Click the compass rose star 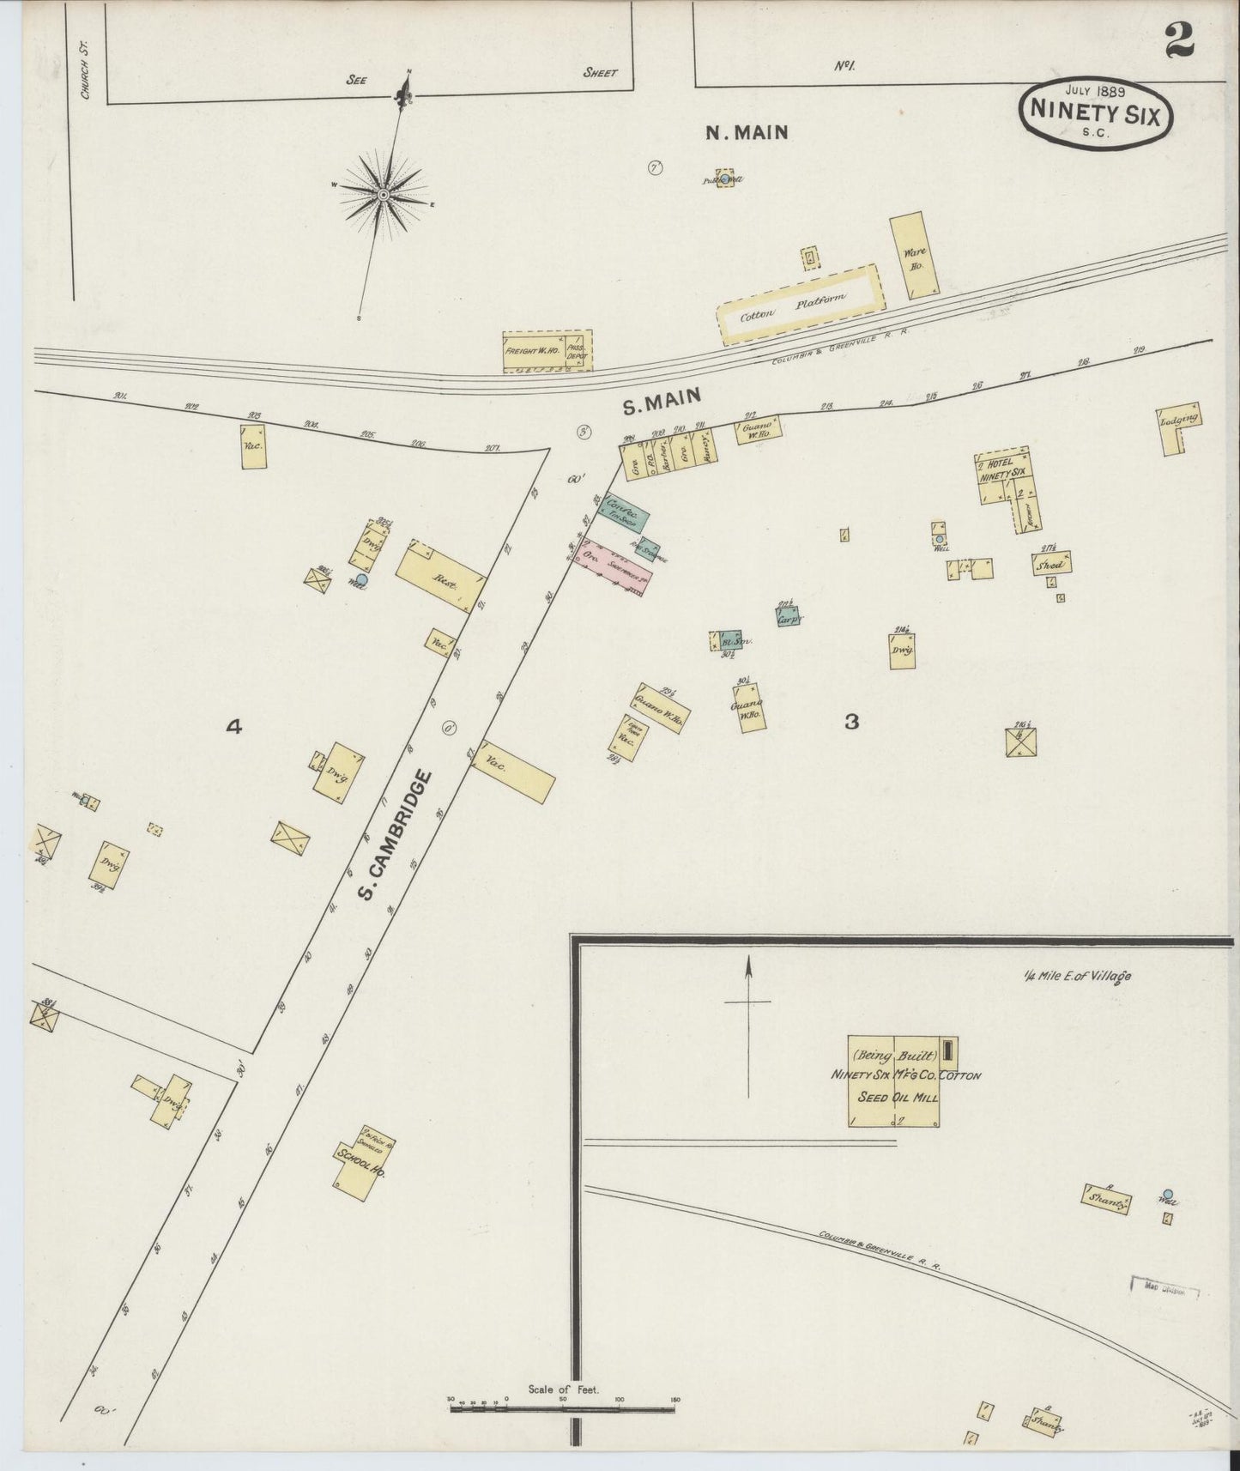[383, 196]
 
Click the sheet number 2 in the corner [1180, 40]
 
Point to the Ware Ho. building [912, 255]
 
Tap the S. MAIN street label [662, 400]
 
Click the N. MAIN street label [746, 132]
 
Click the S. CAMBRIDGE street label [393, 837]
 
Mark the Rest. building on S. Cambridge [441, 580]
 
